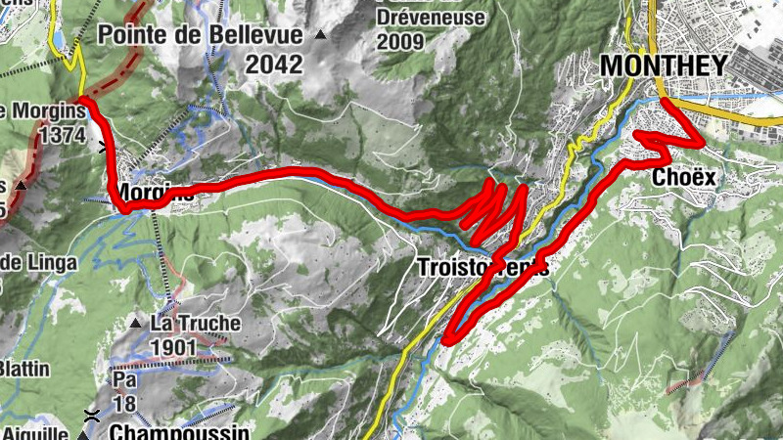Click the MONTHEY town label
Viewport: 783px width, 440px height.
(x=664, y=66)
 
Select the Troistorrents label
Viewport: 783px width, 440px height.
(x=482, y=267)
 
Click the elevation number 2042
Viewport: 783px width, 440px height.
(x=274, y=65)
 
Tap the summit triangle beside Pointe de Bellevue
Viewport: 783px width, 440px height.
(x=320, y=36)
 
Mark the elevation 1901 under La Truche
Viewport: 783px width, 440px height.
(x=174, y=347)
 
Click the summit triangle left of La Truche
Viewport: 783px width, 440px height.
(x=136, y=323)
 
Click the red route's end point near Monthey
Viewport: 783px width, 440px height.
(x=665, y=102)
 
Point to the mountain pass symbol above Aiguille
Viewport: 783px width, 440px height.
(x=92, y=414)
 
